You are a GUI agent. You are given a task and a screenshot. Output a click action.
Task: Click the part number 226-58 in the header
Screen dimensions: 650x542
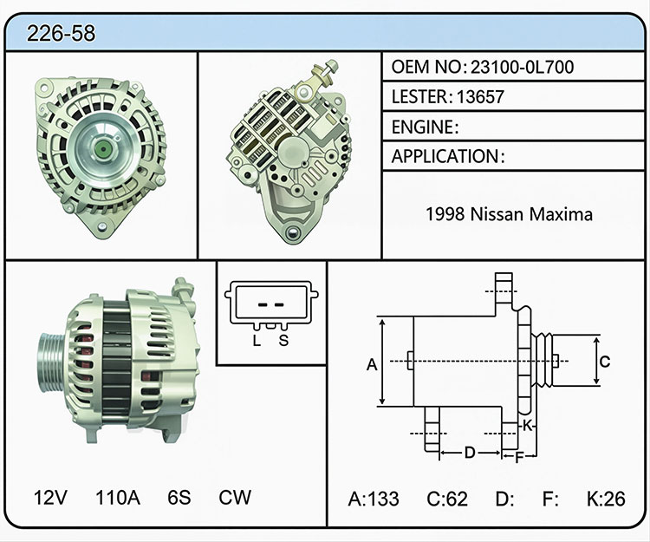[61, 33]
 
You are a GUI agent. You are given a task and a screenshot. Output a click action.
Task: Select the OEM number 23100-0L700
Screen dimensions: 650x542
[522, 67]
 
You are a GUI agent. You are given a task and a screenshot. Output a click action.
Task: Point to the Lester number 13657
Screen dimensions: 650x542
[480, 97]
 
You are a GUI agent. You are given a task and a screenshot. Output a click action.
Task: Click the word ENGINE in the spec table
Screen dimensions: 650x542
[422, 127]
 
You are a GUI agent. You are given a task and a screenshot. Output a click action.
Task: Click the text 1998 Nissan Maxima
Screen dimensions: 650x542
[509, 214]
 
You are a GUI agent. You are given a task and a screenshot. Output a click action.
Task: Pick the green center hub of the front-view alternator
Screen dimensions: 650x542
[102, 148]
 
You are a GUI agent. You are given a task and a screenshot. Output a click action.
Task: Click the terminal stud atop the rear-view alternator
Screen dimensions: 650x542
[327, 70]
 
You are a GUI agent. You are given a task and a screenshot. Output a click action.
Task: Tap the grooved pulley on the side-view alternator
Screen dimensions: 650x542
[51, 362]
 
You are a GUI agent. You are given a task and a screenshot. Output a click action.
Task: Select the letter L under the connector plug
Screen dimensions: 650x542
[257, 341]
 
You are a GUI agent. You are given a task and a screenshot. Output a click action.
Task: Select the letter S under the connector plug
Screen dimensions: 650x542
[283, 341]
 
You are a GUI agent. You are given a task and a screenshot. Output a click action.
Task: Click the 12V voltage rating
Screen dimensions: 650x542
[50, 497]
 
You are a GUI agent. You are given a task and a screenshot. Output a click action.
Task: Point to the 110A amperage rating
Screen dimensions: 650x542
[118, 497]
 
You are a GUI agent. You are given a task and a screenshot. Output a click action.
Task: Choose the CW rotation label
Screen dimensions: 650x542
[235, 497]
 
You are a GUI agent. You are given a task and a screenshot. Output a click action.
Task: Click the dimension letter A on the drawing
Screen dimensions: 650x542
[372, 364]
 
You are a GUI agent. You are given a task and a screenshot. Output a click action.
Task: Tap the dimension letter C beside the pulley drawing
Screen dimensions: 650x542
[605, 362]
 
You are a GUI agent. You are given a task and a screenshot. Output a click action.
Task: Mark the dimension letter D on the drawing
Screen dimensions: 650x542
[470, 453]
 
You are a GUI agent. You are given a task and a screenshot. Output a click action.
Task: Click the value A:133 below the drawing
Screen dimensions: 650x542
[374, 499]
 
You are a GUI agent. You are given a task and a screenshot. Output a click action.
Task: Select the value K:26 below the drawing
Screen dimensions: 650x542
[606, 499]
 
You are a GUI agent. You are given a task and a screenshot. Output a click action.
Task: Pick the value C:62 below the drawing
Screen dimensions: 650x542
[447, 499]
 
